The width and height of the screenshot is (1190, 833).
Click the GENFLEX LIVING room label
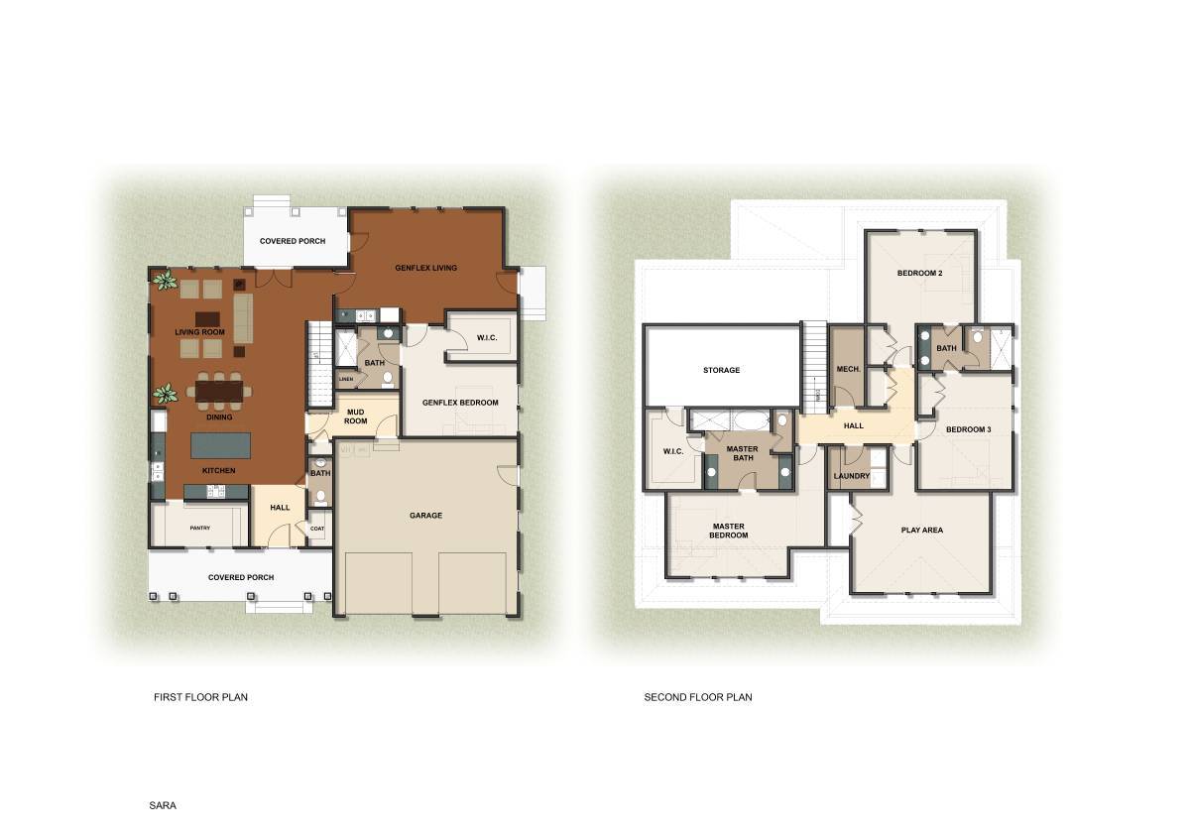425,268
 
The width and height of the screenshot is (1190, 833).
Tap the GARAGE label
425,515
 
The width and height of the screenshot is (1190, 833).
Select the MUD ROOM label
355,416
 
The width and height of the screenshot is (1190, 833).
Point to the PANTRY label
200,528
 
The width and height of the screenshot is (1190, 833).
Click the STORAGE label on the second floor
721,370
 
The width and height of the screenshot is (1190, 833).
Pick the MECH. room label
848,369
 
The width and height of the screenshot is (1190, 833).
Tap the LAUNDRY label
852,476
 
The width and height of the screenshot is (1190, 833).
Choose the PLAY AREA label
921,530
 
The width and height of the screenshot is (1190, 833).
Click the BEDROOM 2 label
919,273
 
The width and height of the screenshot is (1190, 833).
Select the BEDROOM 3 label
968,429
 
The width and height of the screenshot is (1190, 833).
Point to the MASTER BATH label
742,453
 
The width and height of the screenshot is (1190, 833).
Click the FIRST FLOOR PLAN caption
200,697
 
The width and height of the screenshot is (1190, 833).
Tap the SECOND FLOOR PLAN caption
698,697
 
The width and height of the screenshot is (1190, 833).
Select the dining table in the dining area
219,393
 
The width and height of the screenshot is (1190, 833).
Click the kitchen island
220,444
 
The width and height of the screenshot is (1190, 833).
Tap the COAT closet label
316,528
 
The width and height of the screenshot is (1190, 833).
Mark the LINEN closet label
345,379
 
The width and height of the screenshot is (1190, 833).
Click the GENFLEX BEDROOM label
460,403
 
